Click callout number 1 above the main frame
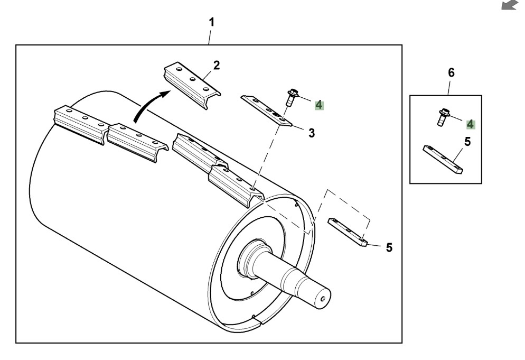point(211,22)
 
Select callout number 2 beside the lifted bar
point(217,65)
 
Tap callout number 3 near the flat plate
point(312,133)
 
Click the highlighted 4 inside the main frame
point(319,105)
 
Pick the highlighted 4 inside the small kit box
point(471,124)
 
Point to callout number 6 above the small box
point(452,72)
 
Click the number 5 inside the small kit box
point(467,142)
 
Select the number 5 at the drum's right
point(389,248)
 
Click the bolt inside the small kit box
point(443,117)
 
